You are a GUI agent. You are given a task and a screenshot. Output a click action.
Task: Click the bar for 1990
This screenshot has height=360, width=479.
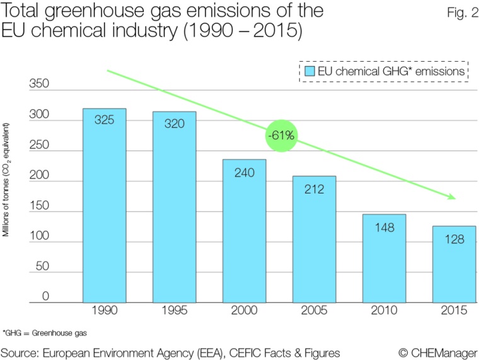click(x=105, y=206)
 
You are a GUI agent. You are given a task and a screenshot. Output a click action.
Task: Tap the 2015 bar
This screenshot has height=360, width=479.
click(x=454, y=264)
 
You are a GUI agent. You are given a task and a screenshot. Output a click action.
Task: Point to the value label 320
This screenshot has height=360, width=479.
click(x=175, y=124)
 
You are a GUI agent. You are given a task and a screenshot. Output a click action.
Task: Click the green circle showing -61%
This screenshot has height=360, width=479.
click(x=280, y=135)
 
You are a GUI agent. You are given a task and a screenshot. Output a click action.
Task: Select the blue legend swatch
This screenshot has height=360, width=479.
click(x=309, y=71)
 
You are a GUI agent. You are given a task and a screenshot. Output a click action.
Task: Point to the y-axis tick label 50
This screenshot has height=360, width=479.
click(x=42, y=267)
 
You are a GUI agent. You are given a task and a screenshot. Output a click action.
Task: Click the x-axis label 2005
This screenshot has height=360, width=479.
click(x=314, y=311)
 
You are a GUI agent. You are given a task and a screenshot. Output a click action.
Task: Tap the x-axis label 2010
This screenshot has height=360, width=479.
click(x=384, y=311)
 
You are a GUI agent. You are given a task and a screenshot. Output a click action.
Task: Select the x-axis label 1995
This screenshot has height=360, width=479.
click(x=175, y=311)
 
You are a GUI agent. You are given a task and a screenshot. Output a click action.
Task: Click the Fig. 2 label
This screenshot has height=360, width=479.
click(x=454, y=11)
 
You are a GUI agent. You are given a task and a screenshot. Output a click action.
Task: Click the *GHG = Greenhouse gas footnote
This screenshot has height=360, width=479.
click(x=44, y=332)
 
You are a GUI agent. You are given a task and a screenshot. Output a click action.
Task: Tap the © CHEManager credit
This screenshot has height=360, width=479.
click(x=437, y=351)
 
